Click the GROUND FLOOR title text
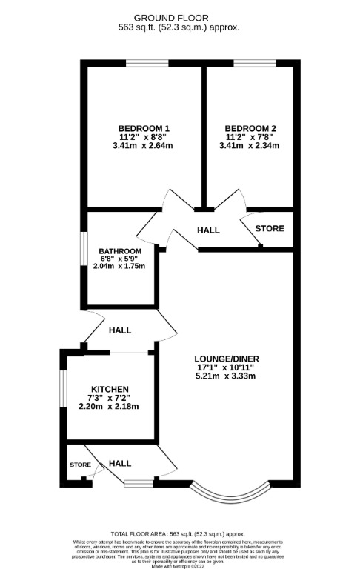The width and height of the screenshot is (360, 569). point(181,17)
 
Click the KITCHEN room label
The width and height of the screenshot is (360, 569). point(110,389)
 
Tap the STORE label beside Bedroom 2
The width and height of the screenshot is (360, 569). point(269,228)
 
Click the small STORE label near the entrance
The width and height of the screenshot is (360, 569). point(80,465)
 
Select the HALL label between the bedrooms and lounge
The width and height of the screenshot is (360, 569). point(208,230)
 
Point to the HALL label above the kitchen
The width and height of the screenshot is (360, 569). point(120,330)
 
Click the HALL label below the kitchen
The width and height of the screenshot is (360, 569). point(120,463)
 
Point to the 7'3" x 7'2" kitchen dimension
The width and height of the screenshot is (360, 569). point(110,398)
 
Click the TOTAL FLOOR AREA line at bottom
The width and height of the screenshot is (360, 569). point(180,533)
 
